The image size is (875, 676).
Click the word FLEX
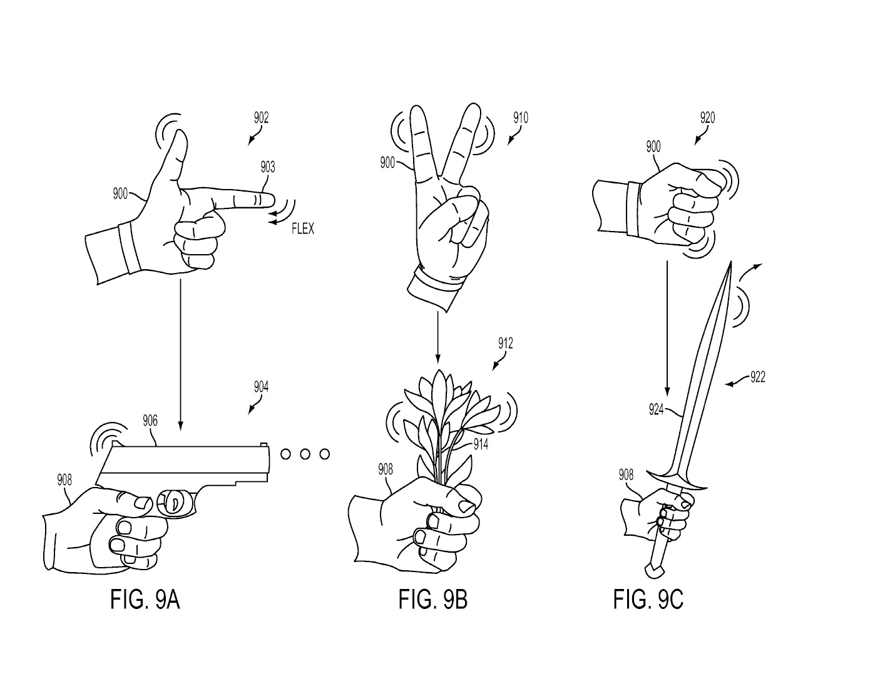pyautogui.click(x=302, y=228)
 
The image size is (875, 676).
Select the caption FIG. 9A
pyautogui.click(x=145, y=599)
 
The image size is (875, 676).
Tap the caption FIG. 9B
pyautogui.click(x=433, y=599)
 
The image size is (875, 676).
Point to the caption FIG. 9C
pyautogui.click(x=648, y=599)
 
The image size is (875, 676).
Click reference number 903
pyautogui.click(x=268, y=166)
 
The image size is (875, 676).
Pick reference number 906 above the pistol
pyautogui.click(x=150, y=421)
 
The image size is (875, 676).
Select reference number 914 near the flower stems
pyautogui.click(x=481, y=444)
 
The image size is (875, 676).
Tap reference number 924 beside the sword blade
pyautogui.click(x=656, y=409)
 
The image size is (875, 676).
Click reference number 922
pyautogui.click(x=757, y=377)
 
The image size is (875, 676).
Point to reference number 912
pyautogui.click(x=505, y=343)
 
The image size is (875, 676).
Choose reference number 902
pyautogui.click(x=261, y=118)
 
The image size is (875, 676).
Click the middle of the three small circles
pyautogui.click(x=305, y=454)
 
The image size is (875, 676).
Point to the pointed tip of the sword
pyautogui.click(x=730, y=262)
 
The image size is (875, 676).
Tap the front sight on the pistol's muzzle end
pyautogui.click(x=264, y=444)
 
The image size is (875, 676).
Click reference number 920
pyautogui.click(x=707, y=118)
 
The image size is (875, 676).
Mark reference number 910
pyautogui.click(x=521, y=118)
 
